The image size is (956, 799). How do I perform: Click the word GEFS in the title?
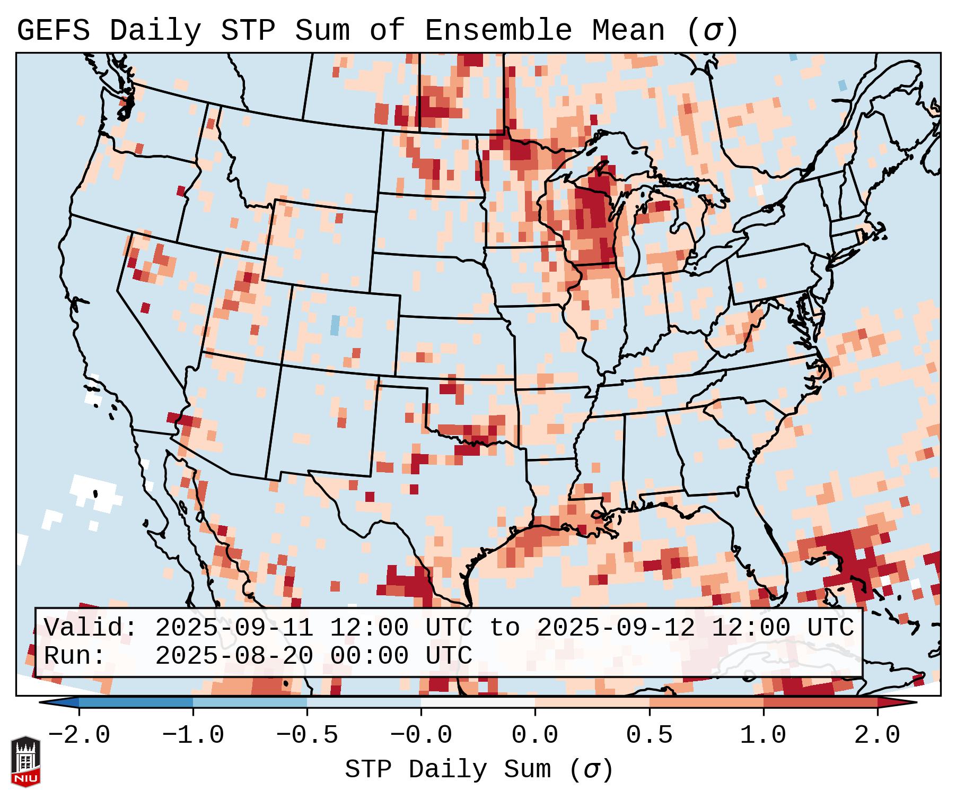(x=54, y=31)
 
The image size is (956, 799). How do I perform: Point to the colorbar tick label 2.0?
(x=878, y=735)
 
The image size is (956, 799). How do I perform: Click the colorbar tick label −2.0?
(x=79, y=735)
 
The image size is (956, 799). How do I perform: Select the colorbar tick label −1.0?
(x=193, y=735)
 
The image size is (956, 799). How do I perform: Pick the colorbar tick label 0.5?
(x=650, y=735)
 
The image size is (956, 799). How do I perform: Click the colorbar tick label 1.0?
(x=764, y=735)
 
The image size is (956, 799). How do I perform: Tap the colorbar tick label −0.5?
(x=307, y=735)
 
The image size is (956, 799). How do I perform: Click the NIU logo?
(x=25, y=762)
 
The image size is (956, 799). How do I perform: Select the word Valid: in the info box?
(x=91, y=628)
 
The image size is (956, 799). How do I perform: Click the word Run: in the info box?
(x=75, y=656)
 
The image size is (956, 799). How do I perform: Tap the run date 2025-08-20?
(x=234, y=656)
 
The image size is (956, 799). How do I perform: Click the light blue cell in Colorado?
(x=335, y=325)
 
